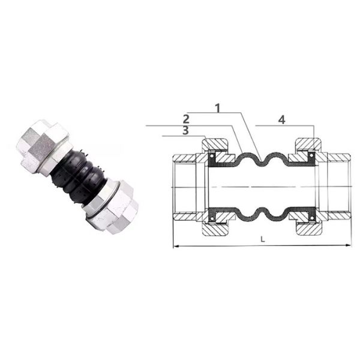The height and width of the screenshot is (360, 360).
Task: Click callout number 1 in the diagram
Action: pos(218,108)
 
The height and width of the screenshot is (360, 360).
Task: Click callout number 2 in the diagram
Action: pos(186,119)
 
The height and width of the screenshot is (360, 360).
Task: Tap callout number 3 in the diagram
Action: pos(185,130)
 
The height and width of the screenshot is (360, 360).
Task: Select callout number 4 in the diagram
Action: pos(282,120)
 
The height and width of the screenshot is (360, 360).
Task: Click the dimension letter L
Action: pos(263,239)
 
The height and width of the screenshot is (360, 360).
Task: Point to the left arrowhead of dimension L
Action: pos(176,247)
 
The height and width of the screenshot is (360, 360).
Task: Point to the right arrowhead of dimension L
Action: pos(349,245)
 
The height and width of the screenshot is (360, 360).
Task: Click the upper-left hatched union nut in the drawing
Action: pos(215,146)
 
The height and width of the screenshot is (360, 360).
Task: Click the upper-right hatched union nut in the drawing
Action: pos(308,145)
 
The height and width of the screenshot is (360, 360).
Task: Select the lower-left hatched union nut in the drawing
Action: pos(215,228)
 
